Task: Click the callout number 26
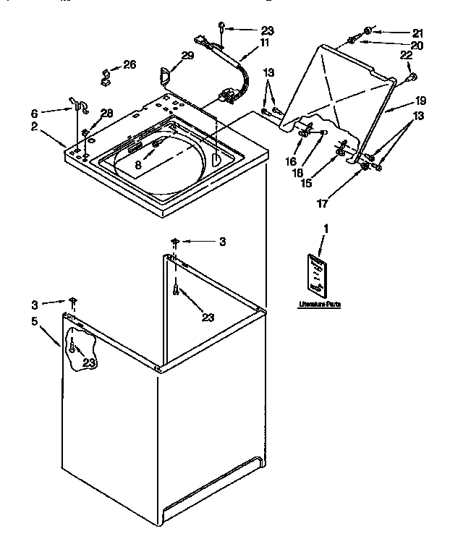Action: (129, 65)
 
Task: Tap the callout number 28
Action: (107, 112)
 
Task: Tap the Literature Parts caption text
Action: (319, 305)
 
